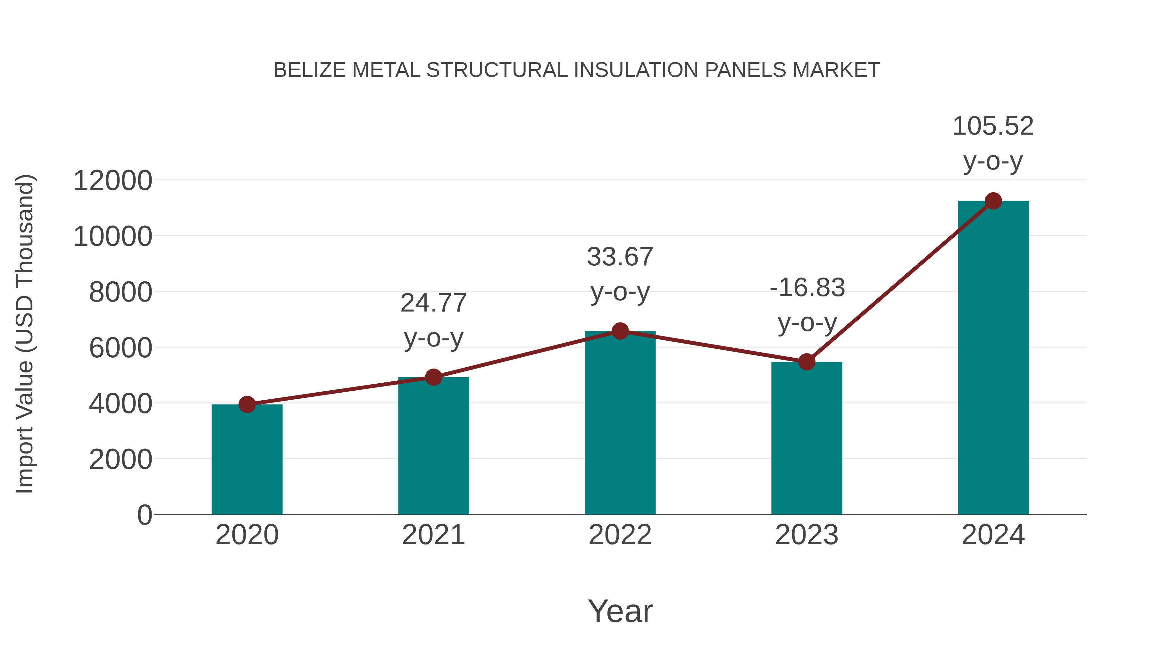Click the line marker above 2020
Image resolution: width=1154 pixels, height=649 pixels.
coord(247,404)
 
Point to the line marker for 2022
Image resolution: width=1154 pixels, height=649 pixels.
coord(620,331)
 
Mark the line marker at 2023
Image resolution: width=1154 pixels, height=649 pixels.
coord(807,362)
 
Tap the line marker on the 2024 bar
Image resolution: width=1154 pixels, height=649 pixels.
coord(993,201)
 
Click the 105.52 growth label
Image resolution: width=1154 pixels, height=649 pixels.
coord(993,126)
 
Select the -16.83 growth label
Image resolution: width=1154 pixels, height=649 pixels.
coord(807,288)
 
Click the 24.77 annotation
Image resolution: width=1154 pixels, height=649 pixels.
coord(433,303)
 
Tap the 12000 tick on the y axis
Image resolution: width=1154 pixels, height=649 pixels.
coord(113,181)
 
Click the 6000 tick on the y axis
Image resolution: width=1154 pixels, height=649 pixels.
coord(121,348)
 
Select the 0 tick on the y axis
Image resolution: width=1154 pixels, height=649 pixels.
coord(144,515)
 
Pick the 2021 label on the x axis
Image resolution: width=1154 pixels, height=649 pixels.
coord(433,535)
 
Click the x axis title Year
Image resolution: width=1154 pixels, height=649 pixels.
coord(620,612)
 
